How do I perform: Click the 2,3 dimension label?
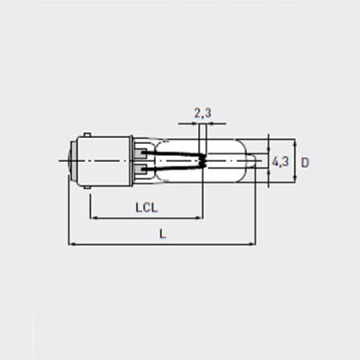click(x=203, y=111)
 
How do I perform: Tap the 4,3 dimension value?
click(x=279, y=160)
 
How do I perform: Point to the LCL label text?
click(x=148, y=206)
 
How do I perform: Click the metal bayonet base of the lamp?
click(x=107, y=160)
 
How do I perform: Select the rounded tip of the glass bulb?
click(x=261, y=160)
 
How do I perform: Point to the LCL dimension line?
click(x=146, y=218)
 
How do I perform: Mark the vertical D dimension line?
click(x=294, y=160)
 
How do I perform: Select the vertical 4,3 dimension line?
click(x=270, y=160)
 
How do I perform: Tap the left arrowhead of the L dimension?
click(x=72, y=244)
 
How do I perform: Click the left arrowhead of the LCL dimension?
click(x=93, y=218)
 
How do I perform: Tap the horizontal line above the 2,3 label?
click(x=203, y=123)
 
